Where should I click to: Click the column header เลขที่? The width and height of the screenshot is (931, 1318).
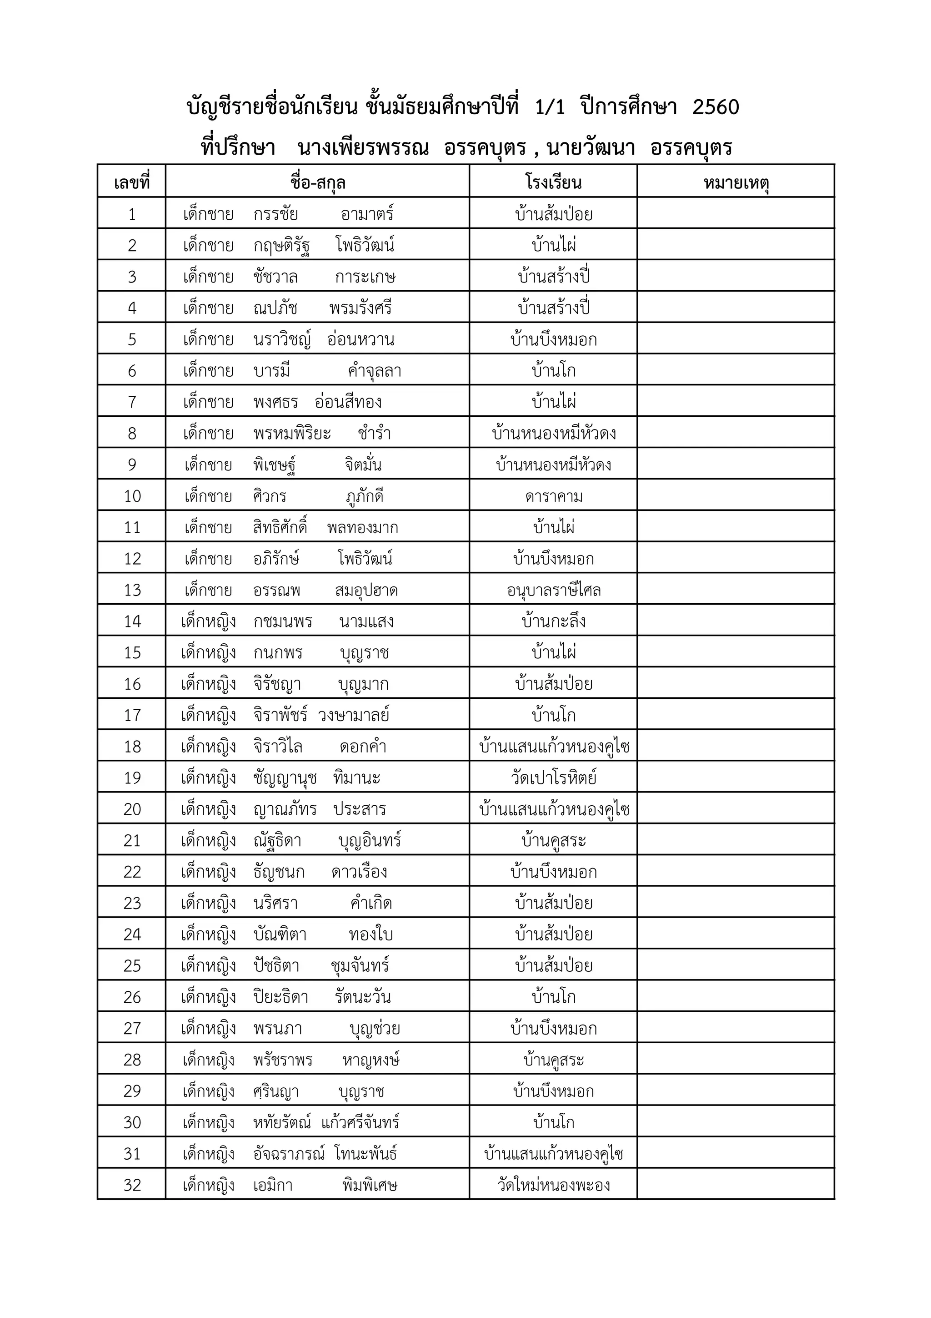pyautogui.click(x=131, y=183)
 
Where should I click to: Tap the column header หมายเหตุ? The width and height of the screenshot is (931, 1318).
pyautogui.click(x=736, y=183)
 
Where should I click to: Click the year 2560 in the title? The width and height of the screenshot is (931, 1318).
pyautogui.click(x=716, y=107)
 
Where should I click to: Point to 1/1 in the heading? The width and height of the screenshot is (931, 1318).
pyautogui.click(x=550, y=107)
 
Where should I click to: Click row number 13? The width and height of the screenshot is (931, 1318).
pyautogui.click(x=132, y=590)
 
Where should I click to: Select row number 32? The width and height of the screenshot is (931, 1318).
pyautogui.click(x=132, y=1185)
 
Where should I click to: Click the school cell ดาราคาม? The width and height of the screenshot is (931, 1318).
pyautogui.click(x=554, y=496)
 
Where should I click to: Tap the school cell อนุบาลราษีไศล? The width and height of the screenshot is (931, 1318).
pyautogui.click(x=554, y=590)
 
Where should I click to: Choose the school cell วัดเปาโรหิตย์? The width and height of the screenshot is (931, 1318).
pyautogui.click(x=554, y=778)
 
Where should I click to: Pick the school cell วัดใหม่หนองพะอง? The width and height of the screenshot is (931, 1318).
pyautogui.click(x=554, y=1185)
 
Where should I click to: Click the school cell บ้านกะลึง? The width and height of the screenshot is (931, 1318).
pyautogui.click(x=554, y=621)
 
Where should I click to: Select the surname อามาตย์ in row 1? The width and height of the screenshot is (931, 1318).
pyautogui.click(x=367, y=215)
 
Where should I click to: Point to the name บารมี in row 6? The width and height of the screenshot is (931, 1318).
pyautogui.click(x=272, y=371)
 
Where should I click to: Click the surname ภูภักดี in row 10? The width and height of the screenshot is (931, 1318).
pyautogui.click(x=365, y=496)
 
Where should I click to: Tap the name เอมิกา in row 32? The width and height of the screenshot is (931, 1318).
pyautogui.click(x=273, y=1185)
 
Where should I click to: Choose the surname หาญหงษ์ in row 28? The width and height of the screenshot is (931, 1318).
pyautogui.click(x=371, y=1060)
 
